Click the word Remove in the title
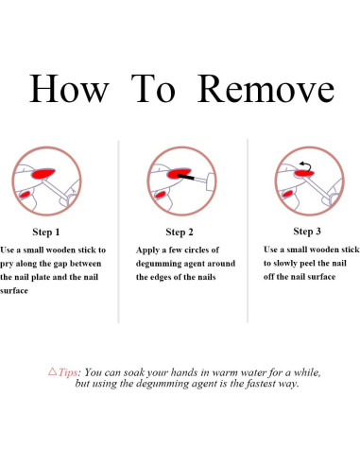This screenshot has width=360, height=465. [x=266, y=89]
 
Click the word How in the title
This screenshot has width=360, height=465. [x=69, y=89]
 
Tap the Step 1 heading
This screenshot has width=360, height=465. [x=46, y=232]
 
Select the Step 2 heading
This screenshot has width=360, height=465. [x=180, y=232]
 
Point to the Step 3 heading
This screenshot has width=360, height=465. [x=307, y=232]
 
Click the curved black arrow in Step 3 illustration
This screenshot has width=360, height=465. [x=306, y=165]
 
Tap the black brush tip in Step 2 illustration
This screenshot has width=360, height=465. [x=186, y=177]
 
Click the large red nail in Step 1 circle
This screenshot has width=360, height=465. [x=43, y=173]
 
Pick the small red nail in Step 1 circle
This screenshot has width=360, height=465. [x=25, y=194]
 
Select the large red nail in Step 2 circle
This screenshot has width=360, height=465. [x=179, y=173]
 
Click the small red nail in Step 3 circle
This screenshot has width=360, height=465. [x=287, y=194]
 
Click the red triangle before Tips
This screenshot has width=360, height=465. [x=53, y=371]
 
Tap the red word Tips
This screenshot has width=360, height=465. [x=68, y=372]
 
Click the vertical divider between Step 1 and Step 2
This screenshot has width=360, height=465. [x=118, y=232]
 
